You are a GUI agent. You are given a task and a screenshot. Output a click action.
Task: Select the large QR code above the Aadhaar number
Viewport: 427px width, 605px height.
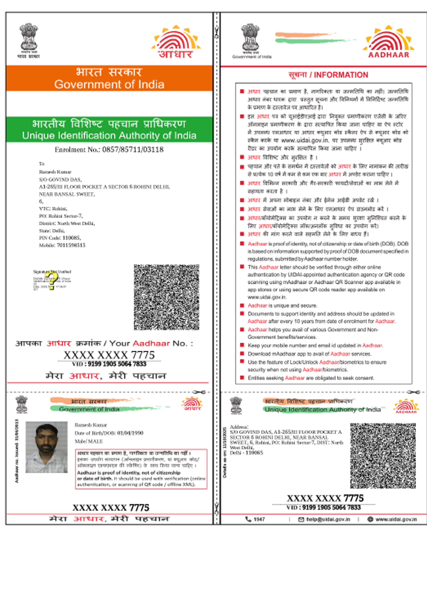click(x=166, y=297)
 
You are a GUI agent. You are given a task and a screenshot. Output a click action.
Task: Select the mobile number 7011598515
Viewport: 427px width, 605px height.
click(x=71, y=245)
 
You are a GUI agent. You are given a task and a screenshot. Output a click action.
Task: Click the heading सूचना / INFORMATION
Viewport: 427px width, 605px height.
click(x=328, y=75)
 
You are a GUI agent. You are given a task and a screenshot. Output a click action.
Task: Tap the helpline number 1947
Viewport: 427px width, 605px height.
click(x=259, y=519)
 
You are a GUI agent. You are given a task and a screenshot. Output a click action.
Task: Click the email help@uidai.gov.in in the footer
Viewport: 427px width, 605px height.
click(x=328, y=519)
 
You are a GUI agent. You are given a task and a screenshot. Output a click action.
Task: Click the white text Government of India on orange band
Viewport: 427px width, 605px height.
click(x=109, y=85)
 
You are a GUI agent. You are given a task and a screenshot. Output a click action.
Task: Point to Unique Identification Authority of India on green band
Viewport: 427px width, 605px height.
click(x=109, y=135)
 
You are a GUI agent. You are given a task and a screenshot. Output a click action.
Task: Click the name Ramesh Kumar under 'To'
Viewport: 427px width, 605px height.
click(x=55, y=172)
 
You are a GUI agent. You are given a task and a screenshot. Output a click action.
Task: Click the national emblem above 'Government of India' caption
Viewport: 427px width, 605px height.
click(x=251, y=38)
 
